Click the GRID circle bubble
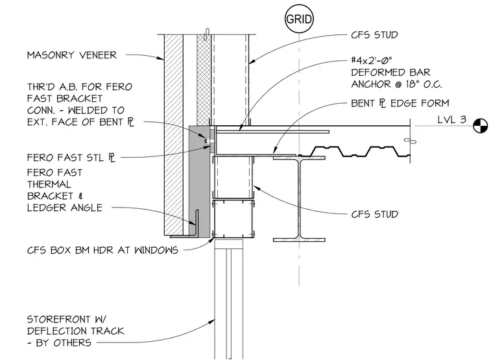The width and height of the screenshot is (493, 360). pos(299,19)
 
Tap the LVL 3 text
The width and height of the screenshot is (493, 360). pos(452,120)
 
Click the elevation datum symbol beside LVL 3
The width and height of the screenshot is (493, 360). pos(481,126)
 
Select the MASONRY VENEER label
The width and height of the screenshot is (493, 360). pos(72,55)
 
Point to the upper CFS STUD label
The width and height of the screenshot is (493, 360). pos(374,35)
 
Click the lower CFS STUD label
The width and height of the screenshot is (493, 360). pos(375,215)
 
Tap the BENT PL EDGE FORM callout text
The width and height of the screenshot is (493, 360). pos(400,103)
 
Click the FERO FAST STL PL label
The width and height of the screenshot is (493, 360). pos(71,158)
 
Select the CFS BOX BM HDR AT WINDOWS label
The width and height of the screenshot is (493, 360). pos(102,250)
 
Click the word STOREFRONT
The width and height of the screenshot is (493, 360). pos(59,319)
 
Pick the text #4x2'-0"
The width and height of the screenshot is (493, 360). pos(371,60)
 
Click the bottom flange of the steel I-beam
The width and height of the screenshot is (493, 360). pos(299,240)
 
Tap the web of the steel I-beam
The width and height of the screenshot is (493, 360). pos(299,198)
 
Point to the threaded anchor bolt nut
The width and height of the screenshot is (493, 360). pos(207,141)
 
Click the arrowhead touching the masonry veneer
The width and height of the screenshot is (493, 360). pos(160,58)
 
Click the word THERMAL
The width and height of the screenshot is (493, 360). pos(49,184)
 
